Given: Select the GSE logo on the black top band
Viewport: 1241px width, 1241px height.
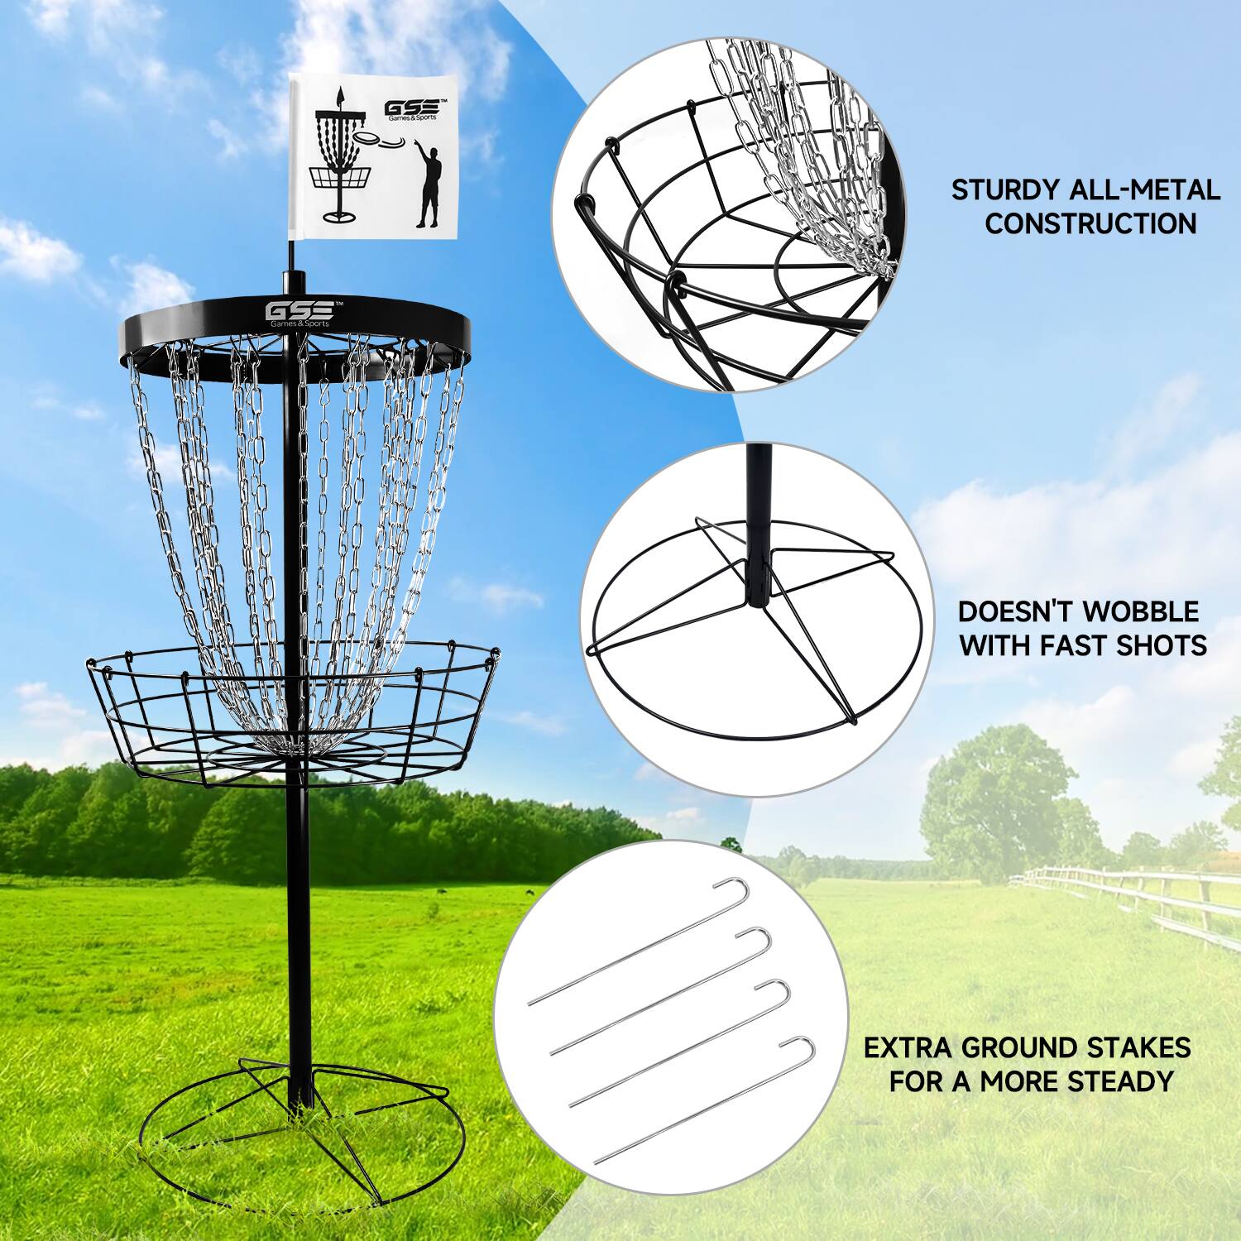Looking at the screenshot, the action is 299,313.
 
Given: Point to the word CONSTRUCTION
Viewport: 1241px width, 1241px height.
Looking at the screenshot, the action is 1091,223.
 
